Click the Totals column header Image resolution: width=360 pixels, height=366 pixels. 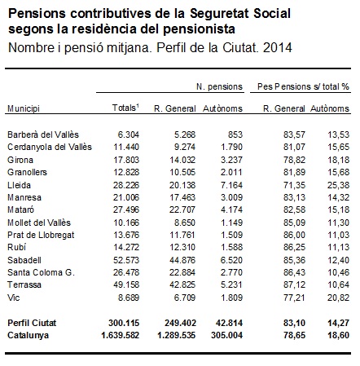pos(125,108)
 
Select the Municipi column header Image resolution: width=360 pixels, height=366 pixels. pos(24,108)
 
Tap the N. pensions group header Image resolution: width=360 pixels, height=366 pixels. pos(219,86)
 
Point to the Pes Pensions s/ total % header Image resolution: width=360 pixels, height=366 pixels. pos(303,86)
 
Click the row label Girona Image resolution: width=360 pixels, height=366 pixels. pos(20,160)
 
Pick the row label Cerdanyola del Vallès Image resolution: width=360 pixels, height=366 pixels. pos(50,147)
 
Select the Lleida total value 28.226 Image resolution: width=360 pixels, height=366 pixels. pos(126,185)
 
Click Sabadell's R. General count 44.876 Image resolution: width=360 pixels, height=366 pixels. pos(182,260)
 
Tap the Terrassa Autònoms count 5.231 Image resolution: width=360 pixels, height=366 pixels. pos(231,284)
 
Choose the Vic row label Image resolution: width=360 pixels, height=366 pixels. pos(14,298)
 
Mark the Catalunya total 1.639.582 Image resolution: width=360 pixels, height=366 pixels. pos(121,335)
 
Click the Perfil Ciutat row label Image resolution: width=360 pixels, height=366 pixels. pos(32,323)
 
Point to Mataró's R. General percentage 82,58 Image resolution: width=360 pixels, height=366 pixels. pos(295,209)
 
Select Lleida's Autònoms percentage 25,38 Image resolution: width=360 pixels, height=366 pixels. pos(338,185)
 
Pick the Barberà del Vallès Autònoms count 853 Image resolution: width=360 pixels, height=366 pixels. pos(235,134)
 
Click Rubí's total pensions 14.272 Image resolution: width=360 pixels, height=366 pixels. pos(126,247)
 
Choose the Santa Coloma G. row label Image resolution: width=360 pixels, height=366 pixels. pos(41,272)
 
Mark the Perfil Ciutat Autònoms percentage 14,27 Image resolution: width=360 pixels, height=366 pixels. pos(338,323)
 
